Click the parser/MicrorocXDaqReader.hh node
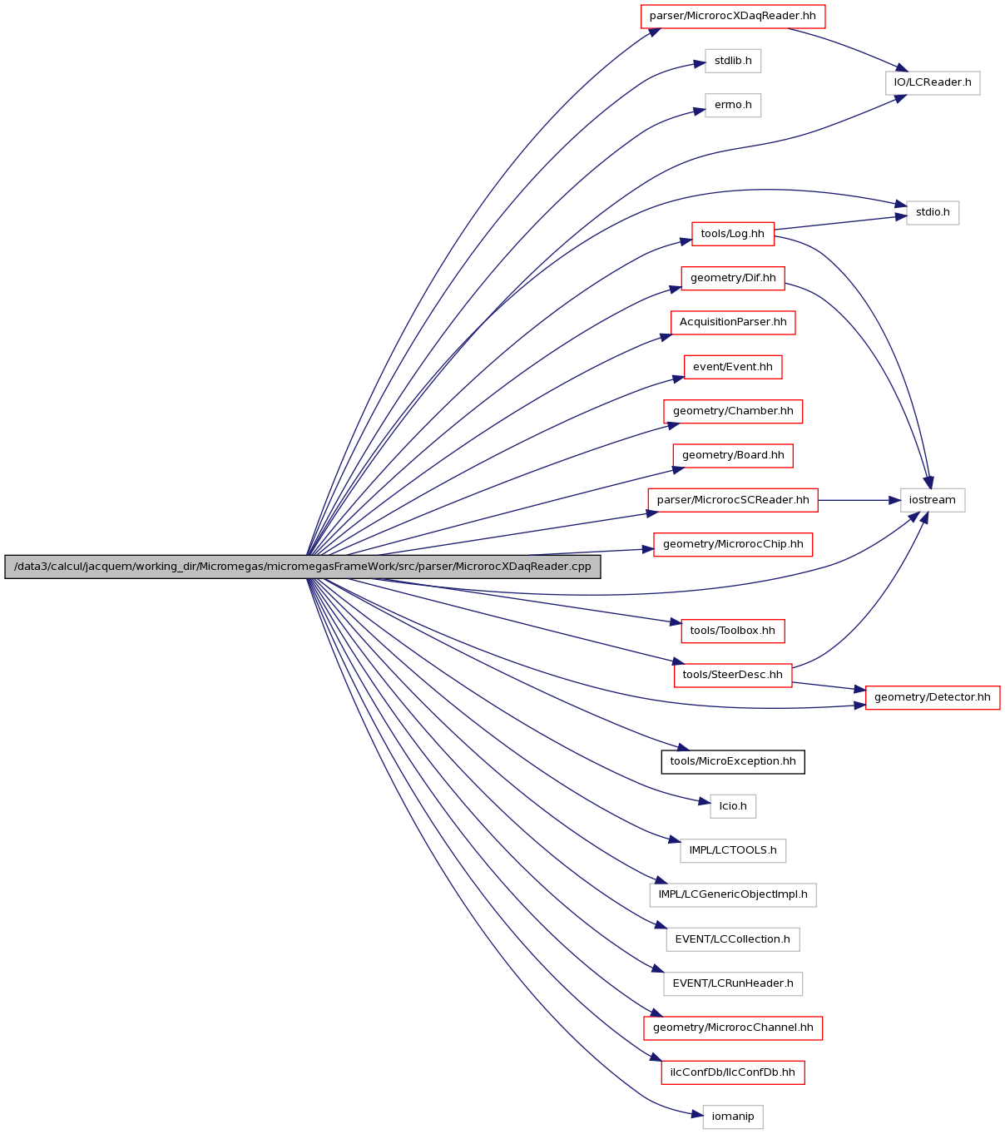(732, 17)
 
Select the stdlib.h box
(732, 61)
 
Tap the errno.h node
(732, 105)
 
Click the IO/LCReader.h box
(933, 83)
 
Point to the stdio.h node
(933, 213)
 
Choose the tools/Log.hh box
(732, 234)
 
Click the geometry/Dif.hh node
(732, 278)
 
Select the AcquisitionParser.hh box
(732, 323)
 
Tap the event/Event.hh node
(732, 367)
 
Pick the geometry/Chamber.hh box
(732, 411)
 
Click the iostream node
(933, 500)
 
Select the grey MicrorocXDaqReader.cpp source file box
(302, 567)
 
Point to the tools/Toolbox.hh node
(732, 631)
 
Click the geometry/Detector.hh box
(933, 697)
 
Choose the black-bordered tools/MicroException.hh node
(732, 762)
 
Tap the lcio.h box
(732, 806)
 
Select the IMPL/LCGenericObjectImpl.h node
(732, 894)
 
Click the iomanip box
(732, 1117)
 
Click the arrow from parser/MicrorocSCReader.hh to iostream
(859, 500)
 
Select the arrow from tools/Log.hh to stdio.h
(840, 223)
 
